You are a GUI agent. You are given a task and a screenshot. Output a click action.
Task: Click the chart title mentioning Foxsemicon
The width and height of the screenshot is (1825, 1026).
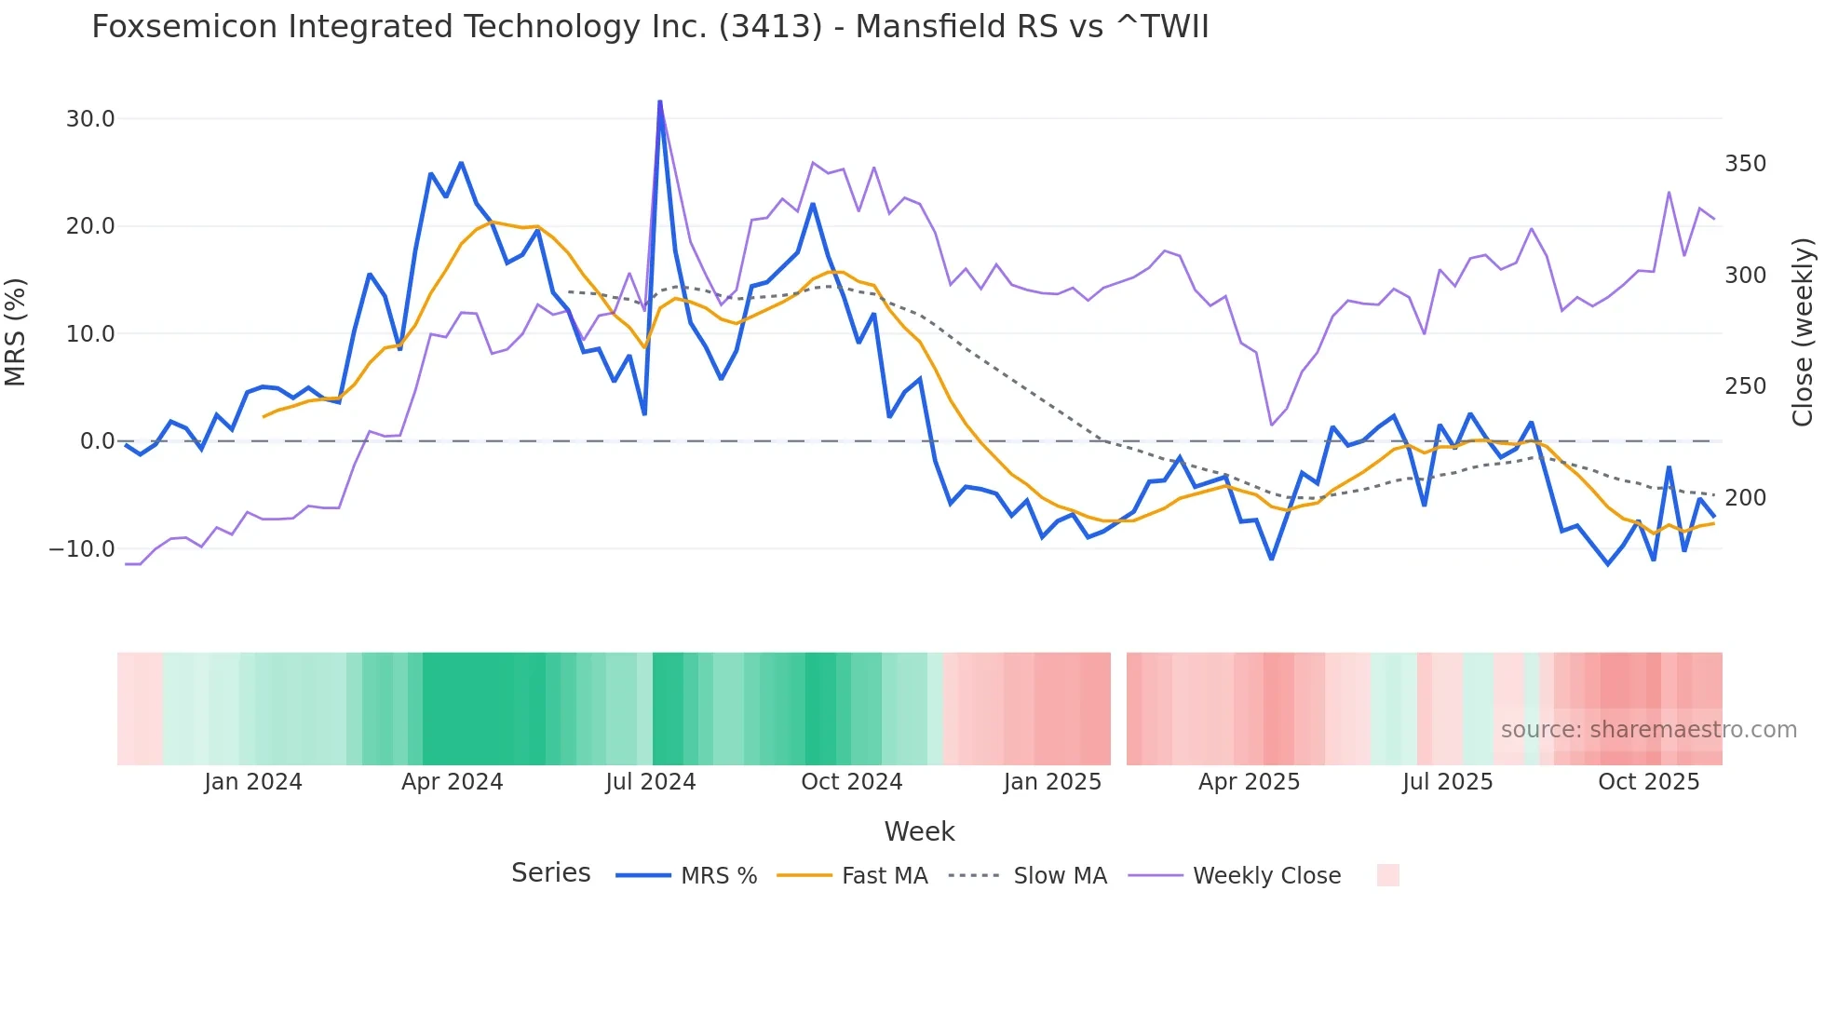[x=650, y=27]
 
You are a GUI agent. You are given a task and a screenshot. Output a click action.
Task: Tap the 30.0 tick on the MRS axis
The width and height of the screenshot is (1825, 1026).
[x=90, y=119]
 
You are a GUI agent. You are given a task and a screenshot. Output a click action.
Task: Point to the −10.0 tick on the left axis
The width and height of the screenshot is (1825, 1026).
[x=82, y=549]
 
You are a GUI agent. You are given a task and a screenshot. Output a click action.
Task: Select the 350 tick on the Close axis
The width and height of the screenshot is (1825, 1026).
[x=1745, y=164]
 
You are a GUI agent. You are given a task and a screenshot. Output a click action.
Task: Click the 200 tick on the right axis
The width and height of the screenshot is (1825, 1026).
[x=1745, y=498]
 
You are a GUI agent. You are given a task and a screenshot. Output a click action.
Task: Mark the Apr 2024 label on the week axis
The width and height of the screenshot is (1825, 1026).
[x=452, y=782]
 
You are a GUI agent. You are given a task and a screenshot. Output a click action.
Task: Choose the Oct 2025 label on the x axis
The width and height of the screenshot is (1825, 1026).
[x=1648, y=782]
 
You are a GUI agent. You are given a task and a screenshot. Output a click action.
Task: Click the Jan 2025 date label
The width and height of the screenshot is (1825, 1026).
[x=1052, y=782]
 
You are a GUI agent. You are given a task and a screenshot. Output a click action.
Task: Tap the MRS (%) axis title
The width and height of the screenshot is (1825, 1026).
[x=16, y=331]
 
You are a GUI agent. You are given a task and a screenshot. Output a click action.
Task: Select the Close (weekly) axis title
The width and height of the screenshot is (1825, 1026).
[x=1803, y=331]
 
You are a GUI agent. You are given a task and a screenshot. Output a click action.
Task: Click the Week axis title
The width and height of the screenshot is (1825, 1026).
[x=919, y=831]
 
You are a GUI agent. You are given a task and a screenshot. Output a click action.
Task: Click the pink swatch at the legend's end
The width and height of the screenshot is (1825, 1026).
[x=1387, y=875]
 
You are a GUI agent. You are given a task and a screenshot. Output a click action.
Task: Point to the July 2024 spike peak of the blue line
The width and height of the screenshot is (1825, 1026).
[x=659, y=101]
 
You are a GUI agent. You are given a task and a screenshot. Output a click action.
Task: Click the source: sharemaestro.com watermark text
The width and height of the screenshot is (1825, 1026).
[x=1648, y=730]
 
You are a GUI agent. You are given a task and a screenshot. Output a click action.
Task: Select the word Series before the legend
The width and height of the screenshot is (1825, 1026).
[x=550, y=873]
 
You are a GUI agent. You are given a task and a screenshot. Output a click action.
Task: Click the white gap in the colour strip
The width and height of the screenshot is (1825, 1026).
[x=1118, y=709]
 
